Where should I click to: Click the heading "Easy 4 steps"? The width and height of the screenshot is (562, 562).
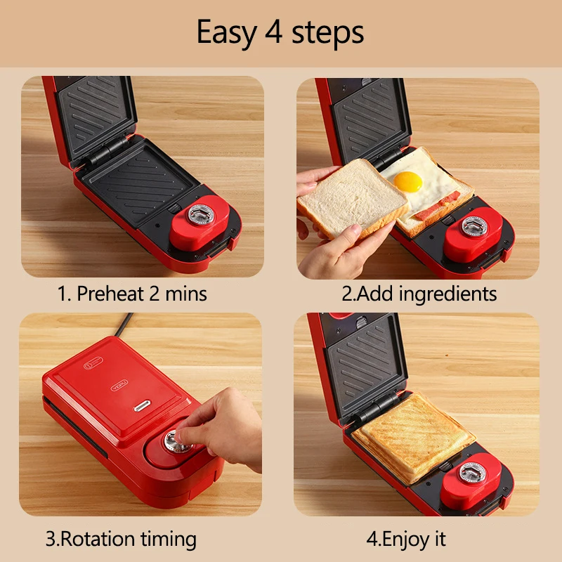tap(280, 32)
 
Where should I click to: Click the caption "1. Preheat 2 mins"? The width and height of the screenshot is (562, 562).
tap(132, 293)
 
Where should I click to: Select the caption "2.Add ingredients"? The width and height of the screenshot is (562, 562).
tap(419, 293)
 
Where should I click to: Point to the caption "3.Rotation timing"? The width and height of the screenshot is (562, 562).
tap(121, 539)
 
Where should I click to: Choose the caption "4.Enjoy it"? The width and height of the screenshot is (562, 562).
tap(406, 539)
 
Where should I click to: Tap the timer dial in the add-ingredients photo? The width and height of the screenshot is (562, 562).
tap(473, 226)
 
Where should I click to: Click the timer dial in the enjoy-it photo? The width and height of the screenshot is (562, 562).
tap(472, 472)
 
